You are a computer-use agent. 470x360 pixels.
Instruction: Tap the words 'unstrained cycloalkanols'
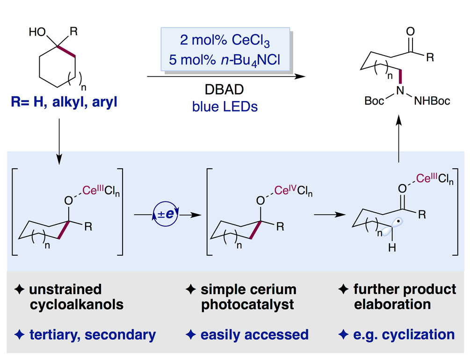coord(72,297)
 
